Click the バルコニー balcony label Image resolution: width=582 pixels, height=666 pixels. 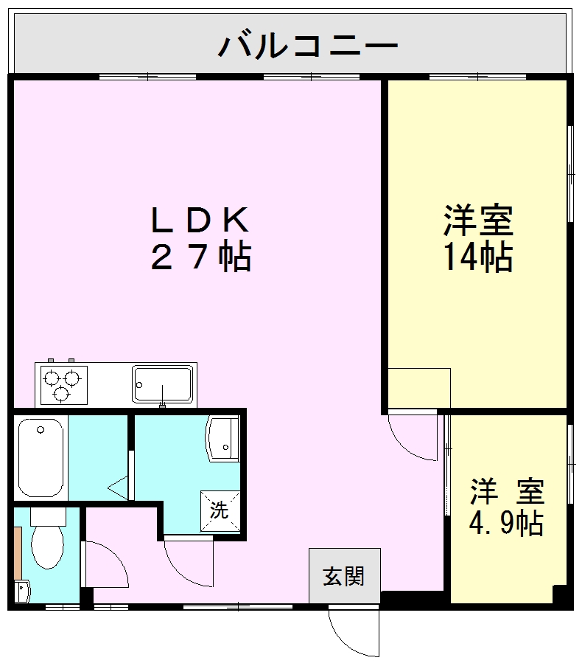click(308, 46)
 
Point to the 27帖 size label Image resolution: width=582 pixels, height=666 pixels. click(200, 258)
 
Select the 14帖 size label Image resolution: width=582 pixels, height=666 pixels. click(478, 257)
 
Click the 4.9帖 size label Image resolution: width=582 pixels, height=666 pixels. click(507, 523)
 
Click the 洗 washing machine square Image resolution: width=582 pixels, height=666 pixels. click(220, 510)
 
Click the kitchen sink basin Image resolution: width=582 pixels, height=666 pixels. click(162, 384)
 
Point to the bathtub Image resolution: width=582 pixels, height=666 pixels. click(41, 457)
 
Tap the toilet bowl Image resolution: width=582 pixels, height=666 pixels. click(48, 546)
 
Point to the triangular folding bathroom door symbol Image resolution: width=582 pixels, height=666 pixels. click(119, 487)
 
